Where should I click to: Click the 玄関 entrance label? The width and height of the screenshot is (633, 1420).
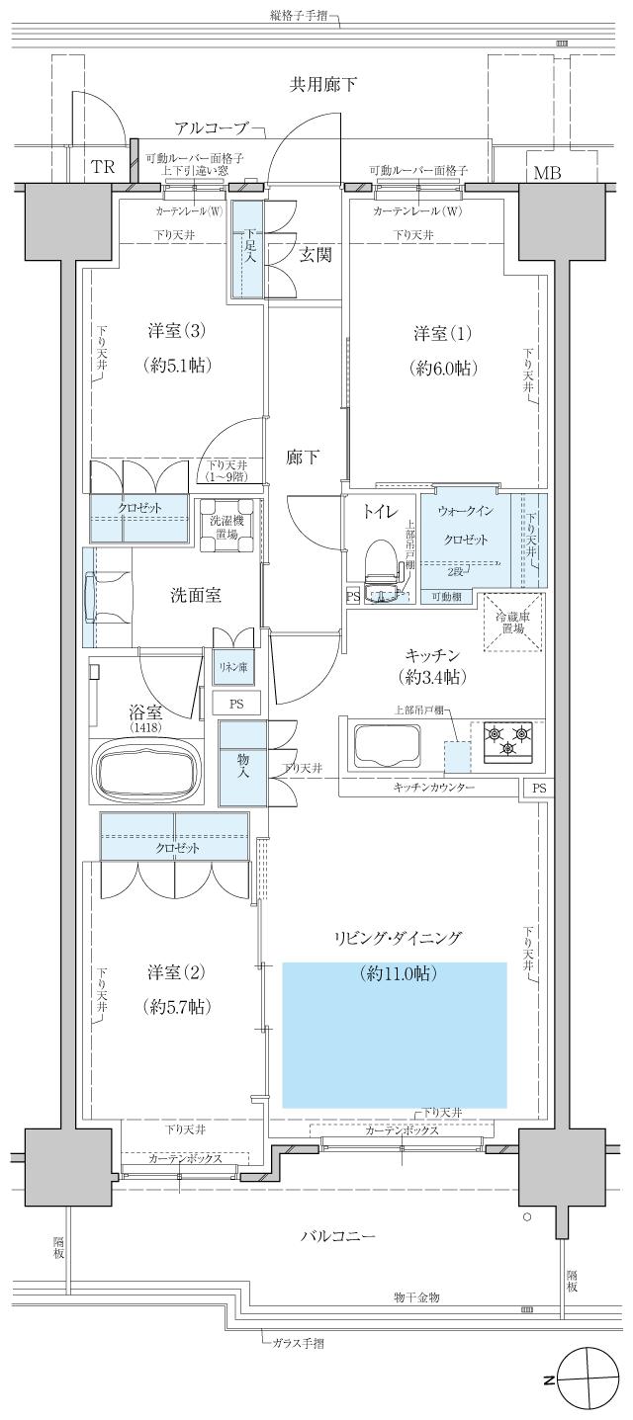(316, 255)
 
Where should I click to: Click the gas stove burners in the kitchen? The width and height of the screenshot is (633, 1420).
(508, 739)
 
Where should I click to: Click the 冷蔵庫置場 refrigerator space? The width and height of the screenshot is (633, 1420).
(512, 623)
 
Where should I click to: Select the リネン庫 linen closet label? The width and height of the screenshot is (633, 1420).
(234, 668)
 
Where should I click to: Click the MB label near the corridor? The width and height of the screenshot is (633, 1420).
(546, 174)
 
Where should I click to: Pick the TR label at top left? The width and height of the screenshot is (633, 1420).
(103, 167)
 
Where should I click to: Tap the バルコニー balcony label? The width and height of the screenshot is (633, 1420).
(339, 1236)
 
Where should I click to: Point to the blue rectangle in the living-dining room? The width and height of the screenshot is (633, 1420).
(395, 1034)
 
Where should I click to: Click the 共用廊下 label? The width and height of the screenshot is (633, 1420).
(322, 85)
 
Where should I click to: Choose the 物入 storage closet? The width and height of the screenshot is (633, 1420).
(242, 763)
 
